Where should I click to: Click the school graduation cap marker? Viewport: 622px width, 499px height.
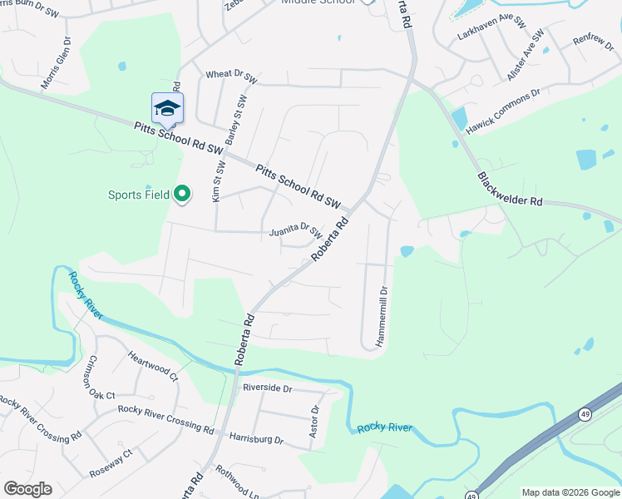click(167, 109)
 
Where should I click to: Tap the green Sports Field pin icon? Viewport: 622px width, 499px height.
click(182, 195)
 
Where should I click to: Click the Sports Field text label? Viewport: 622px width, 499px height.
click(138, 195)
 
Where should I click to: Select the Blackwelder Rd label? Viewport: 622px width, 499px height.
click(509, 190)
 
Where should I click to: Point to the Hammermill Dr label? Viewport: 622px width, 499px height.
click(384, 318)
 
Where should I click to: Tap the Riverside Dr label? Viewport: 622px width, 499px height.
click(267, 388)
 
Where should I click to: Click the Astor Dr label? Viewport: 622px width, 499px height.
click(314, 422)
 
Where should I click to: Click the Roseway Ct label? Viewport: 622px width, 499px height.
click(111, 464)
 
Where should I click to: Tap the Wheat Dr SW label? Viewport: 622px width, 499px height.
click(233, 75)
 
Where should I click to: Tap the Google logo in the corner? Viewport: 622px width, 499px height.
click(27, 489)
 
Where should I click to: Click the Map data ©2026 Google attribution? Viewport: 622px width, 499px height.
click(570, 492)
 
